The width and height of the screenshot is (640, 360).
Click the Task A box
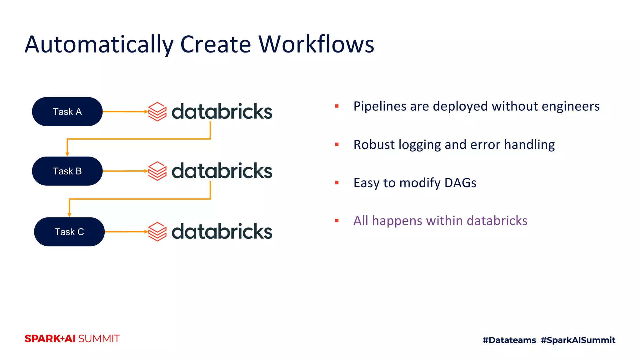click(67, 112)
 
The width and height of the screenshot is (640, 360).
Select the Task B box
click(67, 171)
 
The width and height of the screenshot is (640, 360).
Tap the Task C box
click(69, 232)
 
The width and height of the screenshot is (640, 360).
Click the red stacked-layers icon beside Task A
click(157, 112)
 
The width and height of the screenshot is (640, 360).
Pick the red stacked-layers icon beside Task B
click(157, 171)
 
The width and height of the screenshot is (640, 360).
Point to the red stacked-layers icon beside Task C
click(157, 232)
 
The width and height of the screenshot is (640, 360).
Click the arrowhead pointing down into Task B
click(67, 154)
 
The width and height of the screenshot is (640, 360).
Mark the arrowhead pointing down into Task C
click(69, 215)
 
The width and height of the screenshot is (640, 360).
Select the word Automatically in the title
click(99, 45)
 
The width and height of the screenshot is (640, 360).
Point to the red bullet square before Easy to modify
click(337, 183)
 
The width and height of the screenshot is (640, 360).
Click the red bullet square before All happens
click(337, 221)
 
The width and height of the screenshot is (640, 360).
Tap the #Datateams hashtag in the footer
click(509, 340)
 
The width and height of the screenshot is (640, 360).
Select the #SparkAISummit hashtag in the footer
click(578, 340)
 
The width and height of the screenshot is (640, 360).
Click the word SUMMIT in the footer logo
click(99, 339)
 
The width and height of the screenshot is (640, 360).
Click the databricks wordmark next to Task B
click(222, 171)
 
